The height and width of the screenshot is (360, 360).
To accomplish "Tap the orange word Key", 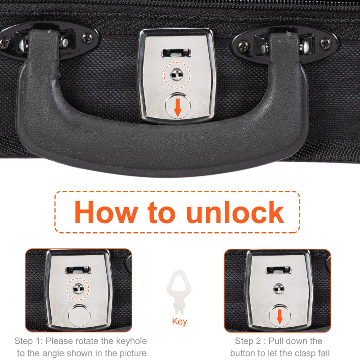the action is click(180, 322).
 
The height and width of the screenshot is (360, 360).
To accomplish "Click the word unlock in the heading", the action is click(235, 211).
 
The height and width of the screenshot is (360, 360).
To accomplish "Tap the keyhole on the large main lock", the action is click(177, 75).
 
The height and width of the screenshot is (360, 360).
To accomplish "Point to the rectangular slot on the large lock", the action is click(176, 53).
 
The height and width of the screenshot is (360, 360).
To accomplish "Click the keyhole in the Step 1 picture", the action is click(78, 289).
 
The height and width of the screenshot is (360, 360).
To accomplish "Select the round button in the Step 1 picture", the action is click(80, 316).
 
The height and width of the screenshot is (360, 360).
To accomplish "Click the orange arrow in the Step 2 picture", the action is click(279, 317).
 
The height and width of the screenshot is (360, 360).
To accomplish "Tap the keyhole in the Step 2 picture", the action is click(279, 289).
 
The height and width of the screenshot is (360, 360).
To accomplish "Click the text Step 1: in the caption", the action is click(29, 341).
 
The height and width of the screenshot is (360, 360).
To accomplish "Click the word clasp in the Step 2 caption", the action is click(304, 353).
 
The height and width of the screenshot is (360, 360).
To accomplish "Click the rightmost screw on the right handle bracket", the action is click(325, 44).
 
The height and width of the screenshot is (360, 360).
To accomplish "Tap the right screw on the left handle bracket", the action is click(87, 38).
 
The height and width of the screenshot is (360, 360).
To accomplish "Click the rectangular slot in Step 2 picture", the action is click(279, 270).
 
